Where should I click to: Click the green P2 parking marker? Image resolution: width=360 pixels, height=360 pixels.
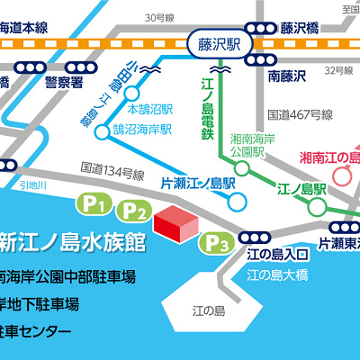pyautogui.click(x=134, y=212)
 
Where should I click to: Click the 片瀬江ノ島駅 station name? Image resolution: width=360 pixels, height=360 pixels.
pyautogui.click(x=197, y=182)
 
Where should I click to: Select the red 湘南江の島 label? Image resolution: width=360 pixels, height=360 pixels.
pyautogui.click(x=328, y=159)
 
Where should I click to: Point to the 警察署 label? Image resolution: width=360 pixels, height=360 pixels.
pyautogui.click(x=63, y=82)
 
